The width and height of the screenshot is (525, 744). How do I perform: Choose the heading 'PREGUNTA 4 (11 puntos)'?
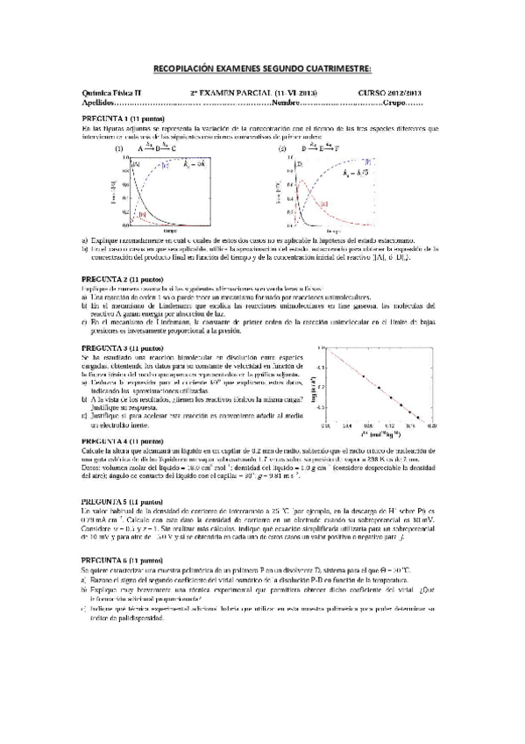(122, 439)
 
